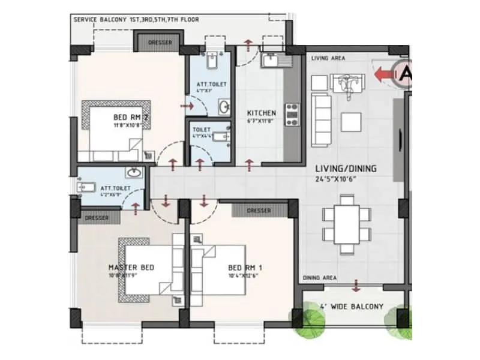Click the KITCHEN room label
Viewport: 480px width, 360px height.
[x=262, y=113]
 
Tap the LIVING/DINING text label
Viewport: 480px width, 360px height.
[x=344, y=169]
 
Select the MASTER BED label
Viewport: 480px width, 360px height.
[x=131, y=267]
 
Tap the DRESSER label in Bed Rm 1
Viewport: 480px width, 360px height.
[x=259, y=211]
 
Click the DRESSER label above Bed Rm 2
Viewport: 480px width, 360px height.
[x=159, y=43]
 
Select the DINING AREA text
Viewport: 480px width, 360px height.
[x=319, y=278]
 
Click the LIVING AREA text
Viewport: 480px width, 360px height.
[x=327, y=58]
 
